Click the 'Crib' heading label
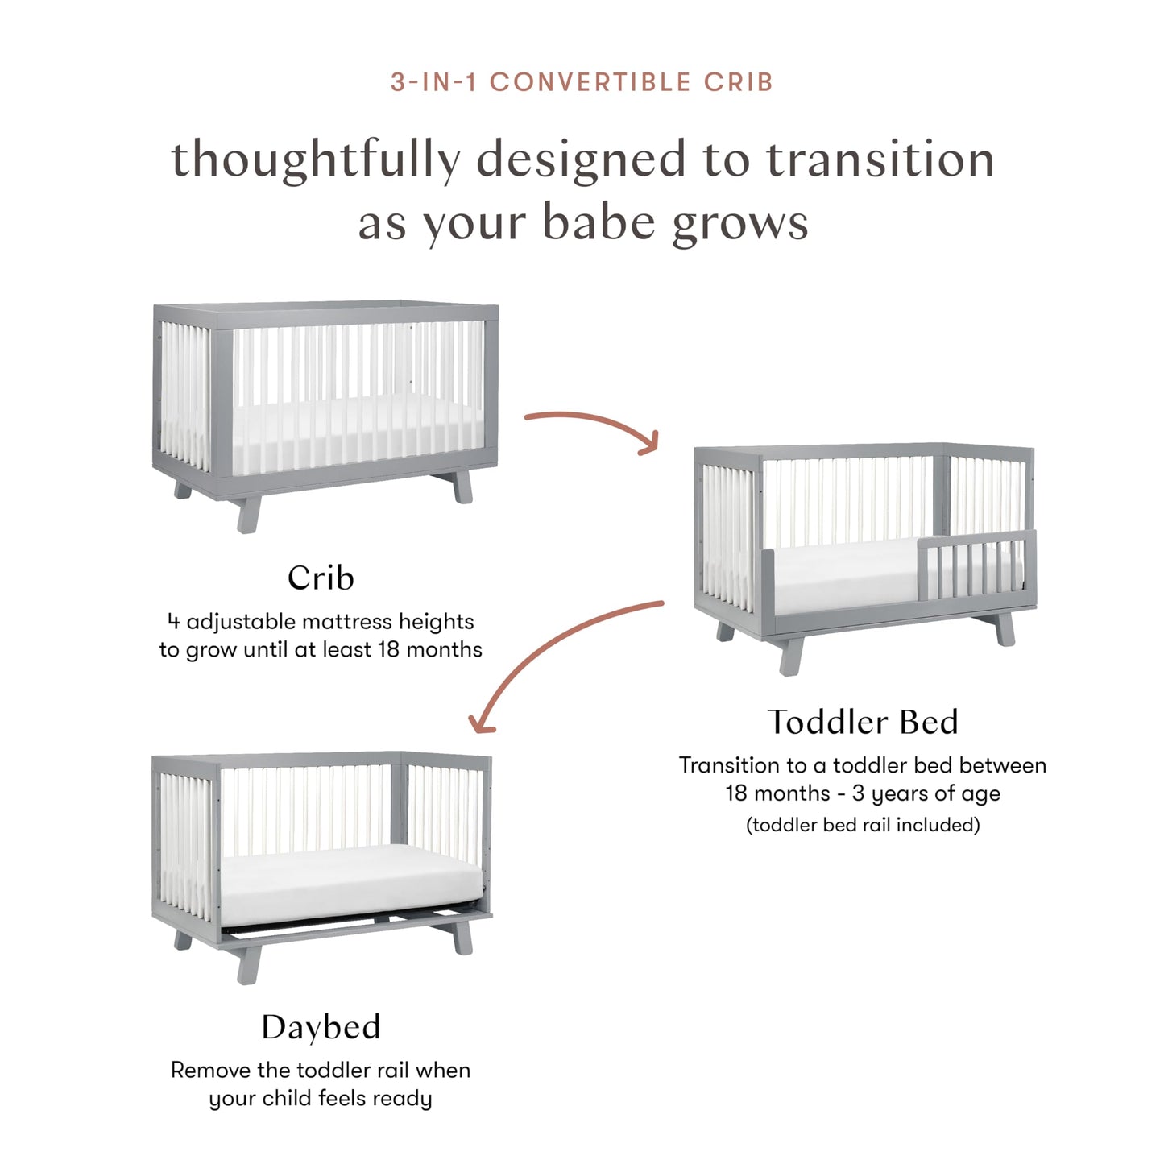point(321,578)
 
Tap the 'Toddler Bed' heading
point(863,722)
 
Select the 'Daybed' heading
point(321,1027)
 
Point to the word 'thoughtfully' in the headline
point(316,159)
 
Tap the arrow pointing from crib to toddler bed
point(592,427)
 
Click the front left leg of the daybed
point(249,963)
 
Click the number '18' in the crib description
point(388,649)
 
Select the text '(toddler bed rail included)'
point(863,825)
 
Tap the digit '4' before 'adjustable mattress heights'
point(173,622)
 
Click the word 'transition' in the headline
point(880,159)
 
